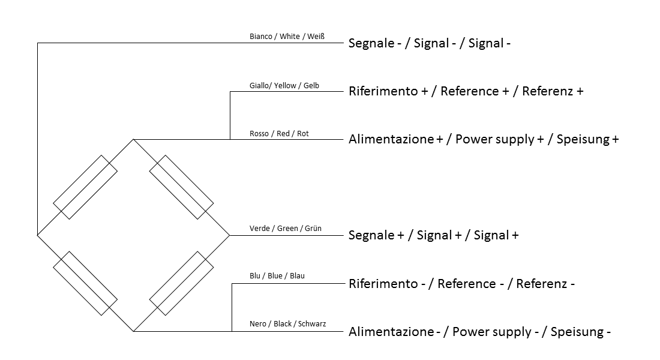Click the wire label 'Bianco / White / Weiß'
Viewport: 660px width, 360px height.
(x=287, y=37)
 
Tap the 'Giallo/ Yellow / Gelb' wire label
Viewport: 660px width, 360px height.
(x=284, y=85)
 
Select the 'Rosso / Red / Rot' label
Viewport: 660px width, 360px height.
(x=279, y=133)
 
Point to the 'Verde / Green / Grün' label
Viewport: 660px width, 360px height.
(x=286, y=228)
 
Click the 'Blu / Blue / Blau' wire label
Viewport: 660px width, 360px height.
(x=277, y=276)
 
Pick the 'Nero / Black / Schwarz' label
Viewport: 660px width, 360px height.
(x=288, y=324)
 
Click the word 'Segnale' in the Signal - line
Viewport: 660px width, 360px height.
(x=371, y=43)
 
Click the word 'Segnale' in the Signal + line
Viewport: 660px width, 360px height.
(x=371, y=235)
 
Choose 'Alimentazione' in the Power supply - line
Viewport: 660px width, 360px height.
(x=391, y=332)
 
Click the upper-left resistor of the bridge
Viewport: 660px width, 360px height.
(x=85, y=187)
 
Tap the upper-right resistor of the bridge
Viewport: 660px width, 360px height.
(x=181, y=187)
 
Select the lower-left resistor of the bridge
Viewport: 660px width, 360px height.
(x=85, y=283)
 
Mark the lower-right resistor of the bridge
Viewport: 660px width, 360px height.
(x=181, y=283)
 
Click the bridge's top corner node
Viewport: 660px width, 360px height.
(x=133, y=139)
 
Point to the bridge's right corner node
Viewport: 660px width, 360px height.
(x=229, y=235)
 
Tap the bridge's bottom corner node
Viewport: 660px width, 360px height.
(x=133, y=331)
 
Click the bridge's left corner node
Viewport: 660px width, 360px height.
(x=37, y=235)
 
